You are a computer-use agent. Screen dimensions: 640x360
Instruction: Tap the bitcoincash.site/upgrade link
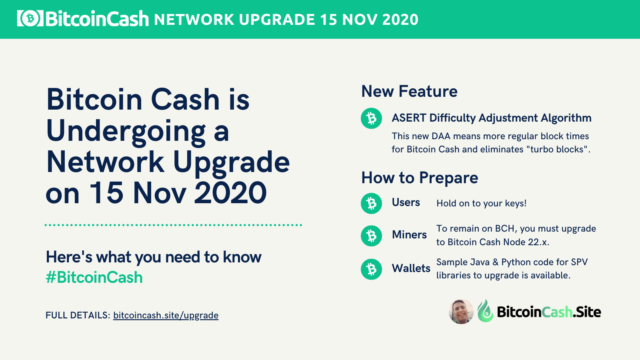(166, 316)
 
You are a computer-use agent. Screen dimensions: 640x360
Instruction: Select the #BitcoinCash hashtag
(94, 278)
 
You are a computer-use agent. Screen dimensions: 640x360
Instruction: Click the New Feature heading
(410, 92)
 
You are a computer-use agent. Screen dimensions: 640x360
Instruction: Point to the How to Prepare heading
(420, 178)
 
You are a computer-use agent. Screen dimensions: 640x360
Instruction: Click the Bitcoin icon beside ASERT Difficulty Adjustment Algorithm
(372, 118)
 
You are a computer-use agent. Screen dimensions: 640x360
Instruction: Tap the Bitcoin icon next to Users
(372, 204)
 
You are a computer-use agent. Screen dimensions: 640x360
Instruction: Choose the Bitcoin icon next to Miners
(372, 236)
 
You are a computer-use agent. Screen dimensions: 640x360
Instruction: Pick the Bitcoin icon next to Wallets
(372, 269)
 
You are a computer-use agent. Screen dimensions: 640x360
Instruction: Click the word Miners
(409, 235)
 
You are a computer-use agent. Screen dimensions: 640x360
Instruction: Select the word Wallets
(411, 268)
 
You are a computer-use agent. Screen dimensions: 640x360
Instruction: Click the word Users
(406, 202)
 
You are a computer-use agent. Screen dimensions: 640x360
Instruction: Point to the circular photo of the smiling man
(461, 312)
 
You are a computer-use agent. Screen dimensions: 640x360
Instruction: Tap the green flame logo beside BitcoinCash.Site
(486, 311)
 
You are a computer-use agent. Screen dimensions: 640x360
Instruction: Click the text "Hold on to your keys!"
(482, 204)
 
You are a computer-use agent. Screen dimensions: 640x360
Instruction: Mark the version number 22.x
(538, 242)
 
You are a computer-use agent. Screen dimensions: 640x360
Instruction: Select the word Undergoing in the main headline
(138, 132)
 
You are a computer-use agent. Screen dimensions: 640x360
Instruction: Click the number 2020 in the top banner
(400, 20)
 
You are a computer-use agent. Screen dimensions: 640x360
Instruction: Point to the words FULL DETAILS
(78, 316)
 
